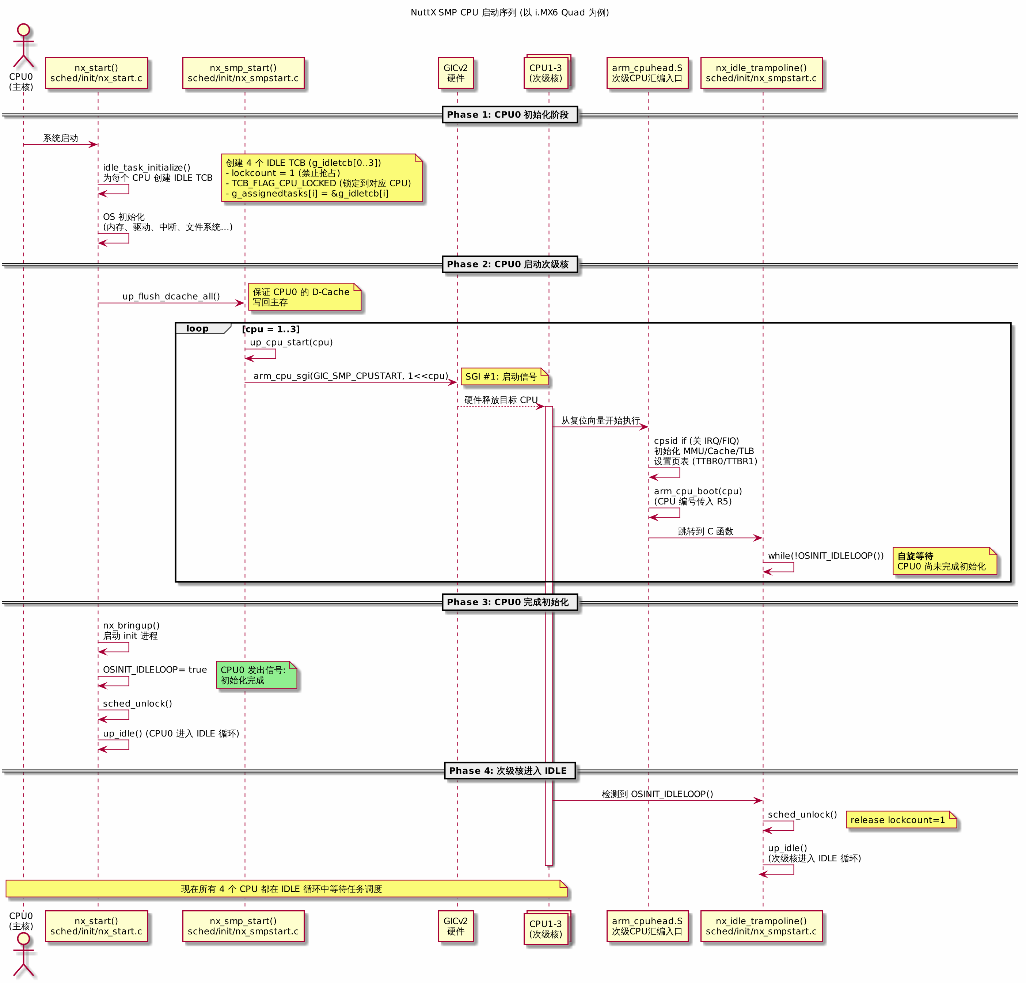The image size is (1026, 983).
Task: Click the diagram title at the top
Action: click(509, 12)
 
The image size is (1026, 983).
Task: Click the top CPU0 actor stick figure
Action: click(23, 46)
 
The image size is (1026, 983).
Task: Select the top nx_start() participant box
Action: click(96, 73)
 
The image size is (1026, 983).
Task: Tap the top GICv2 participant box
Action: click(456, 73)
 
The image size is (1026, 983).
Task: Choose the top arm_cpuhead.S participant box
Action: click(647, 73)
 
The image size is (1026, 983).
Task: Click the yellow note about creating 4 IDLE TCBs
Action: click(322, 178)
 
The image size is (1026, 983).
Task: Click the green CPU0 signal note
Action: click(256, 675)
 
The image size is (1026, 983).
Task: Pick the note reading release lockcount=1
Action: click(901, 820)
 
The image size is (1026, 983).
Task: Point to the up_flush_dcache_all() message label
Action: click(171, 296)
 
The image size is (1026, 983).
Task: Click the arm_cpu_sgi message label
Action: click(351, 376)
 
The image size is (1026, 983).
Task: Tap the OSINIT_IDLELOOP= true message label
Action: click(155, 670)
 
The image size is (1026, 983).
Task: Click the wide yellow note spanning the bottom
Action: click(286, 889)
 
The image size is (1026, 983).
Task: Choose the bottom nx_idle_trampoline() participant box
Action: click(762, 926)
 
